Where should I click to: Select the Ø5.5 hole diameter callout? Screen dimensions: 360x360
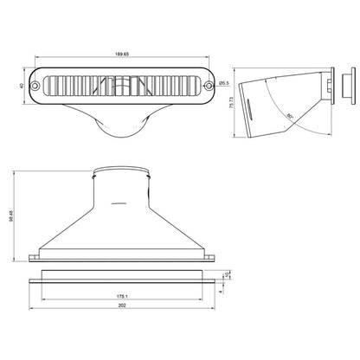click(224, 83)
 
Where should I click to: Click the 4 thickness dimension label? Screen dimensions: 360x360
click(222, 291)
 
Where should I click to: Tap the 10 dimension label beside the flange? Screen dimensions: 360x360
click(228, 276)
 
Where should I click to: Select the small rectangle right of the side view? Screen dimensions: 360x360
click(349, 86)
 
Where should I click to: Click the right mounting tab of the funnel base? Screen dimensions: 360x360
click(209, 257)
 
